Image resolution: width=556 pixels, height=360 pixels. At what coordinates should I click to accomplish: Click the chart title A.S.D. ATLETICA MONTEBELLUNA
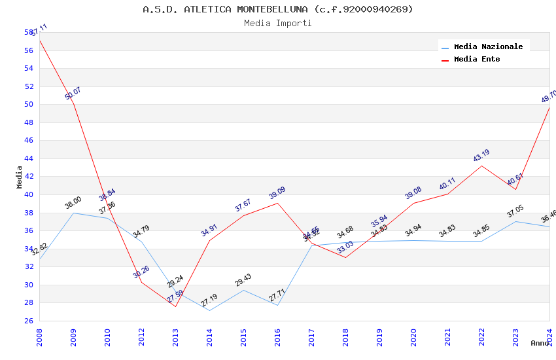(278, 9)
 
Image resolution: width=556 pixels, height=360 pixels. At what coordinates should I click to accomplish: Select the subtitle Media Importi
(278, 24)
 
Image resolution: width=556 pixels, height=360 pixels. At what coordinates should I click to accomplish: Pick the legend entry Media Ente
(477, 59)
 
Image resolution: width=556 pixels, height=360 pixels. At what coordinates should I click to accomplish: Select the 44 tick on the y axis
(29, 158)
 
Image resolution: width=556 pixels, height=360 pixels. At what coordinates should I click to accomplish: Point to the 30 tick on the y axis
(29, 285)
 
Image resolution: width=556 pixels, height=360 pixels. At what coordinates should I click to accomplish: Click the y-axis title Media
(20, 177)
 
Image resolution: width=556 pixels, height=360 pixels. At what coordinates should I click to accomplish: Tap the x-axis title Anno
(540, 343)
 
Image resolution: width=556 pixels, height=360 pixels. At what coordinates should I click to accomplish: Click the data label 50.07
(73, 93)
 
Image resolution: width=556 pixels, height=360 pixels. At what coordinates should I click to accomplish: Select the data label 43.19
(481, 156)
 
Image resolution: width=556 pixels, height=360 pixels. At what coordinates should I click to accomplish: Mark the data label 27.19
(209, 301)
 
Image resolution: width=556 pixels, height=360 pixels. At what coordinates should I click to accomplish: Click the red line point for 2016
(277, 203)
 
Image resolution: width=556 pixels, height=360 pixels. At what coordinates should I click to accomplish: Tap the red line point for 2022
(481, 166)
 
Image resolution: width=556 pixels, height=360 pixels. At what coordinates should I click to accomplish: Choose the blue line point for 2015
(243, 290)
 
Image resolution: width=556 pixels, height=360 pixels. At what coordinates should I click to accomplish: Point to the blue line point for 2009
(73, 213)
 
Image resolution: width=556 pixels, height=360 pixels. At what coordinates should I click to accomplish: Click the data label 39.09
(277, 193)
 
